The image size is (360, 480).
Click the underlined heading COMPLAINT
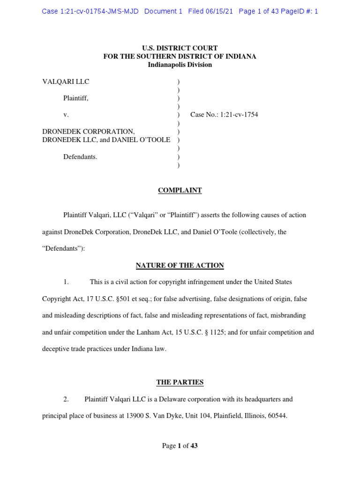click(180, 190)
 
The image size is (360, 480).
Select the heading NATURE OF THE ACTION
click(180, 265)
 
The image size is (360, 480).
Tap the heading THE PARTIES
click(180, 382)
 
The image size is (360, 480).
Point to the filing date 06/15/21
click(220, 11)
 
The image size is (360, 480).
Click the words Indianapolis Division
click(180, 65)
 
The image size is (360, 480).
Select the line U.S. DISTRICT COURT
click(180, 48)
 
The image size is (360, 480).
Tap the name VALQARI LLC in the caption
click(66, 82)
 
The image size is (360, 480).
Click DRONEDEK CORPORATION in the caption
click(89, 132)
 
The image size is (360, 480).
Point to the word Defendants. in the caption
click(80, 157)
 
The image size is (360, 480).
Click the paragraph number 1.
click(66, 282)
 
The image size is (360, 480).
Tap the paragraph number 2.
click(66, 399)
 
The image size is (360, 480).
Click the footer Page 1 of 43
click(180, 446)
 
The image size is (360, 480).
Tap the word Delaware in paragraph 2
click(186, 399)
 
